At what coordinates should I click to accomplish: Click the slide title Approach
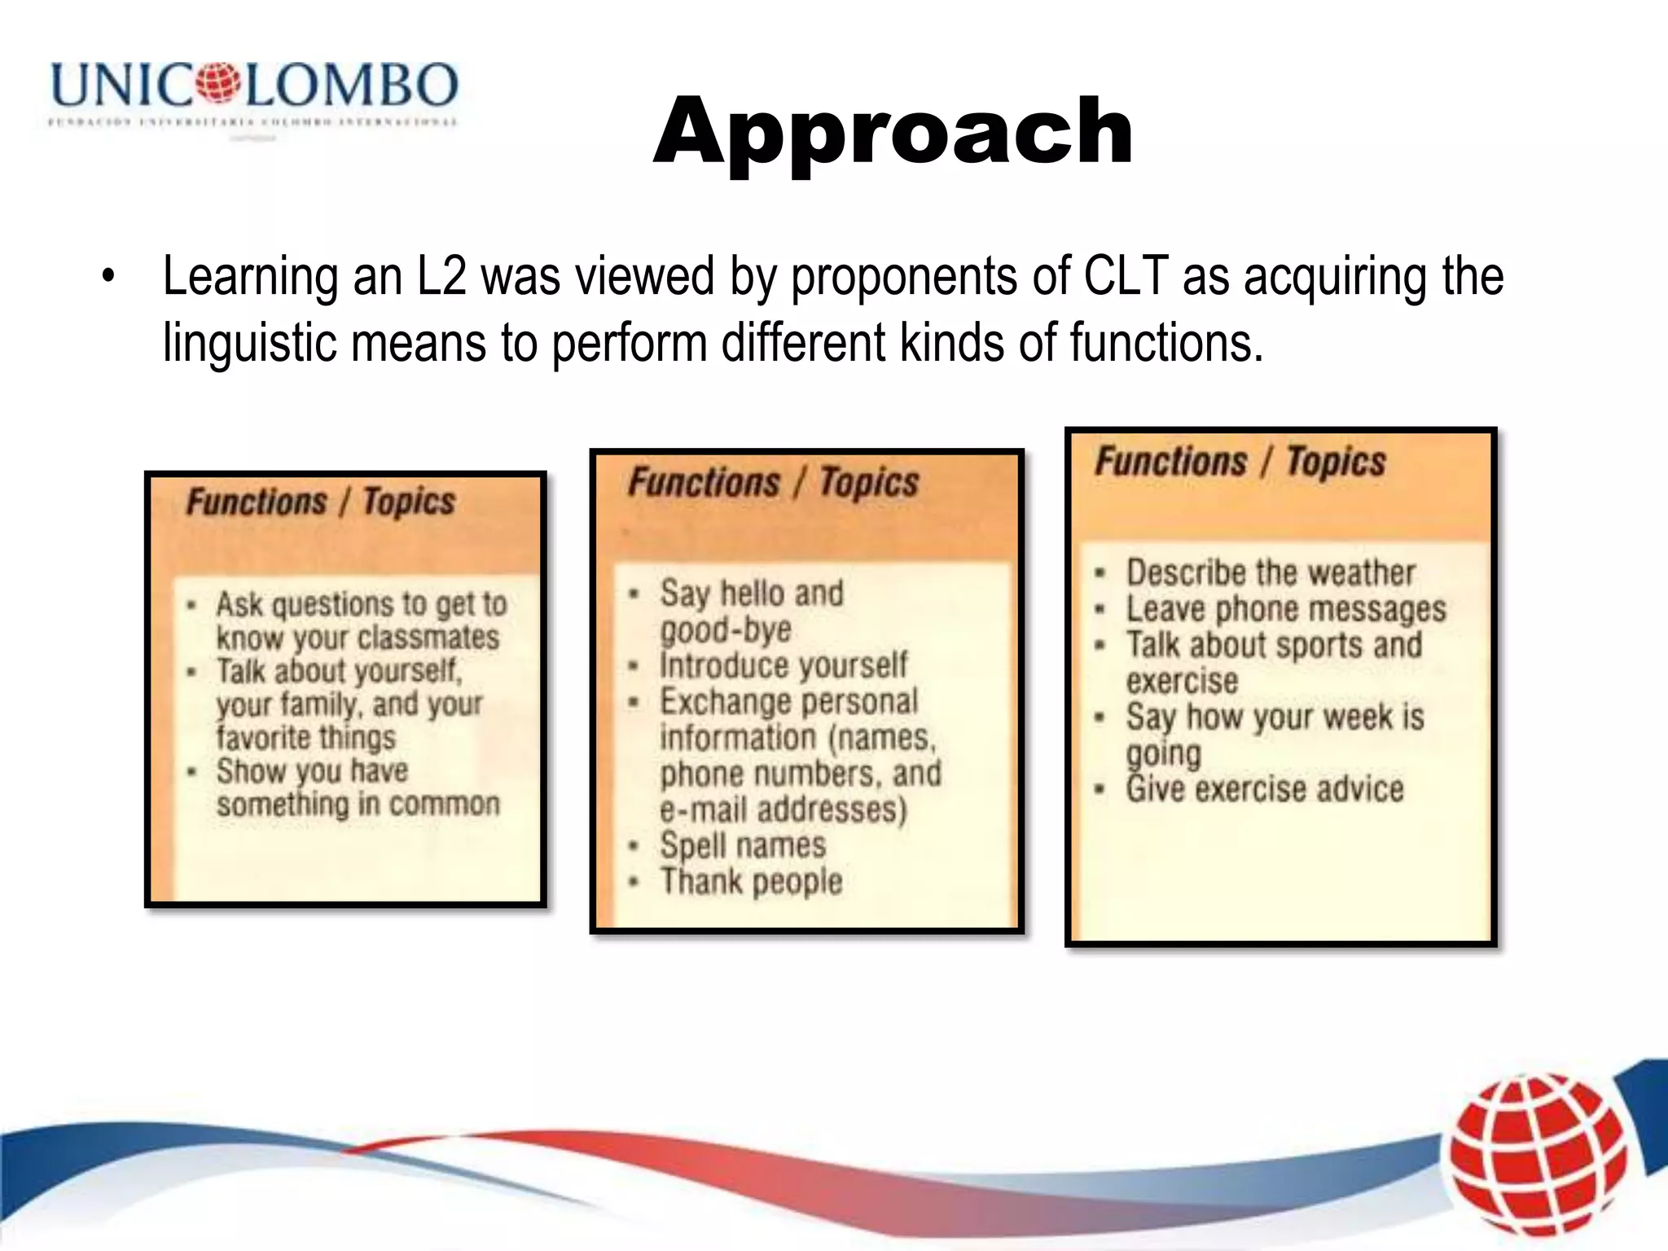coord(893,130)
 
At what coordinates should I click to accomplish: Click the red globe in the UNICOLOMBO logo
coord(218,82)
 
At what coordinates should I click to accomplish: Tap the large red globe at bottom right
coord(1538,1156)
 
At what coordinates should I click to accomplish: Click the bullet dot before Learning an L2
coord(108,277)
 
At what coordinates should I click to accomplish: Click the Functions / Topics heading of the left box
coord(320,502)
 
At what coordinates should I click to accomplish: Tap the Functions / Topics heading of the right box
coord(1240,462)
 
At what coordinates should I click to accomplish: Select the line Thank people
coord(751,882)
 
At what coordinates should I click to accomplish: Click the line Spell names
coord(743,845)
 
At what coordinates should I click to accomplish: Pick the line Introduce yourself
coord(783,665)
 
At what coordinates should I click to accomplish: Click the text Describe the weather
coord(1271,573)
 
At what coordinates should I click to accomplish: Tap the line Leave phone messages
coord(1286,609)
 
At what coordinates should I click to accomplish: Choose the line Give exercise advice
coord(1265,789)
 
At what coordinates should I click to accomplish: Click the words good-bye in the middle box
coord(726,630)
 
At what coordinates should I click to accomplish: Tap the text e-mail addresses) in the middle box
coord(783,810)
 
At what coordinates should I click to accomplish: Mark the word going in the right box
coord(1164,754)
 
